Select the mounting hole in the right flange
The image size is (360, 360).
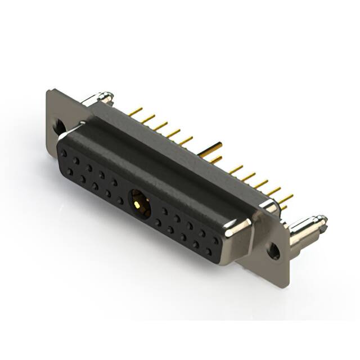tap(273, 251)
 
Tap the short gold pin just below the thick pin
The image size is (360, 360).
tap(215, 160)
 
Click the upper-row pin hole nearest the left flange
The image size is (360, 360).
tap(63, 152)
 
